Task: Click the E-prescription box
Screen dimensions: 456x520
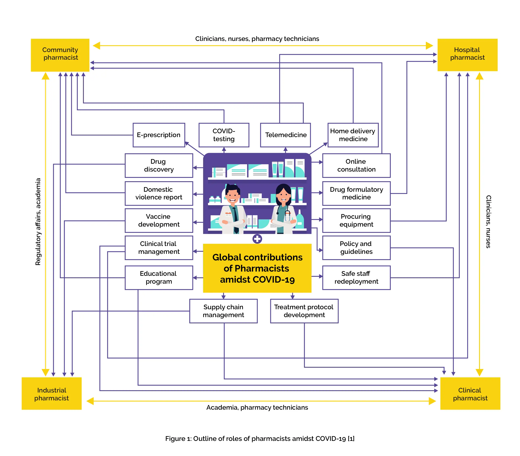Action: point(159,135)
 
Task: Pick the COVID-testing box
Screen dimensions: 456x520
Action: point(224,135)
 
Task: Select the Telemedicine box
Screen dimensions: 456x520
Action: point(285,135)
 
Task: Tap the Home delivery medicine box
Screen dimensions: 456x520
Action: point(353,135)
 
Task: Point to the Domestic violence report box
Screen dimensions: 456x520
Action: point(159,193)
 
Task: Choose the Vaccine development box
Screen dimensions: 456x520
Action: point(159,220)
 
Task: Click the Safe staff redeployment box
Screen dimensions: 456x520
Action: point(356,278)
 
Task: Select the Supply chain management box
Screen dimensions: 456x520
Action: point(223,311)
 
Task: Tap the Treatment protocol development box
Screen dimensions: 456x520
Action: point(304,311)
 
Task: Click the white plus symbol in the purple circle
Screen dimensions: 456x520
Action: point(257,239)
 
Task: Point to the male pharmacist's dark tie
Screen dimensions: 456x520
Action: point(236,219)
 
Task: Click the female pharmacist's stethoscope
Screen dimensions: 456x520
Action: point(287,215)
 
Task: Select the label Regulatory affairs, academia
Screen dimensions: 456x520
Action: point(38,221)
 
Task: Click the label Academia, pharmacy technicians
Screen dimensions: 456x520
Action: point(257,407)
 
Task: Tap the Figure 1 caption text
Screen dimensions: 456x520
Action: point(259,439)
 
